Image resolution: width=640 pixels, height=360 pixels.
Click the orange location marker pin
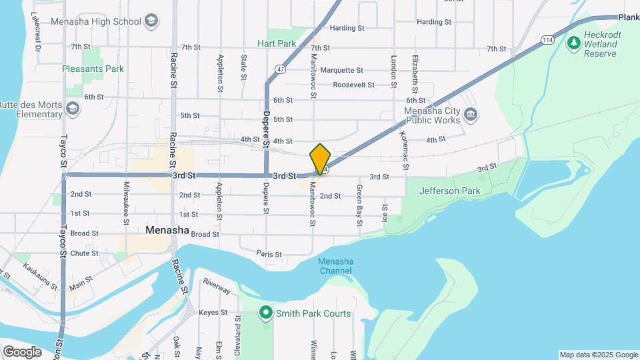tap(320, 159)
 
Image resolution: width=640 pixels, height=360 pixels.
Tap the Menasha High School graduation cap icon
tap(151, 21)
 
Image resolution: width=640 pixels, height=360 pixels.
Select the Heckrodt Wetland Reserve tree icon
tap(573, 43)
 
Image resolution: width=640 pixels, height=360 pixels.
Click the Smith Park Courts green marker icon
tap(266, 313)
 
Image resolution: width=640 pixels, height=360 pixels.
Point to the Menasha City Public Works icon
tap(471, 115)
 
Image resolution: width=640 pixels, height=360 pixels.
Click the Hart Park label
tap(277, 43)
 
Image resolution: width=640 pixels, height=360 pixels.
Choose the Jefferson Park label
tap(449, 191)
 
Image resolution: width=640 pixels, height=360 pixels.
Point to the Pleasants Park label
tap(93, 69)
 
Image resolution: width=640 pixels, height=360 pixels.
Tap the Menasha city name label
tap(167, 231)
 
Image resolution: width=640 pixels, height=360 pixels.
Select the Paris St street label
tap(269, 254)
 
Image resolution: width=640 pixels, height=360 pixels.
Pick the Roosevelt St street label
tap(353, 85)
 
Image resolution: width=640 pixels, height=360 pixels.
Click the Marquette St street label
tap(341, 70)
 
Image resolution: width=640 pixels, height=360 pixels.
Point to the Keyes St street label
tap(214, 312)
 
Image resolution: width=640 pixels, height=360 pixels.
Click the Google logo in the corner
tap(22, 351)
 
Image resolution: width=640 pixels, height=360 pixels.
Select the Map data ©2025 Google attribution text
tap(599, 355)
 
